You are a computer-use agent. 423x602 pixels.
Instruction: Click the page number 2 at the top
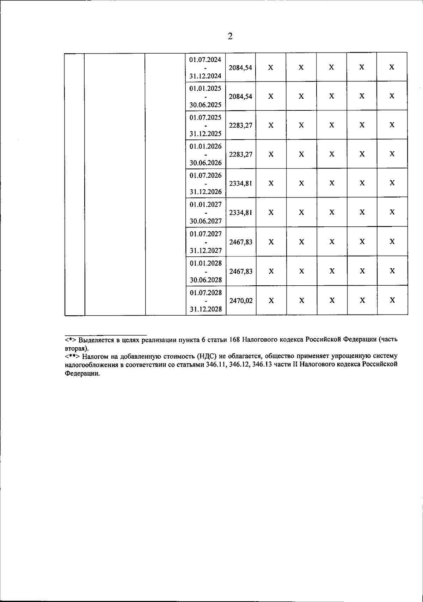230,36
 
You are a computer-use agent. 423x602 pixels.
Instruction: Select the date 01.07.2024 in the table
205,59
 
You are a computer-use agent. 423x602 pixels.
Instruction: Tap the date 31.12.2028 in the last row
206,309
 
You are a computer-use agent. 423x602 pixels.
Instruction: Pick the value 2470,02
241,301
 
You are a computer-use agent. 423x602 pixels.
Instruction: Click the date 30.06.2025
206,105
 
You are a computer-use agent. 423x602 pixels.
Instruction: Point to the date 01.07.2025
205,117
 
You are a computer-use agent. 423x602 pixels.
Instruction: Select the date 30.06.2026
206,163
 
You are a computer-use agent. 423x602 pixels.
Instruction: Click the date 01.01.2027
206,204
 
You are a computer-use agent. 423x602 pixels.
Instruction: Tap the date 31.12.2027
206,251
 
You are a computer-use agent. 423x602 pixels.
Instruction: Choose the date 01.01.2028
206,263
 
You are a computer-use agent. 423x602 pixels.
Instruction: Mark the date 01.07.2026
206,175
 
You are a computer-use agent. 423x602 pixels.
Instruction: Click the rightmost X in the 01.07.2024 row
392,67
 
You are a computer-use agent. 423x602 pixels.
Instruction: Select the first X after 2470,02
271,300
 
